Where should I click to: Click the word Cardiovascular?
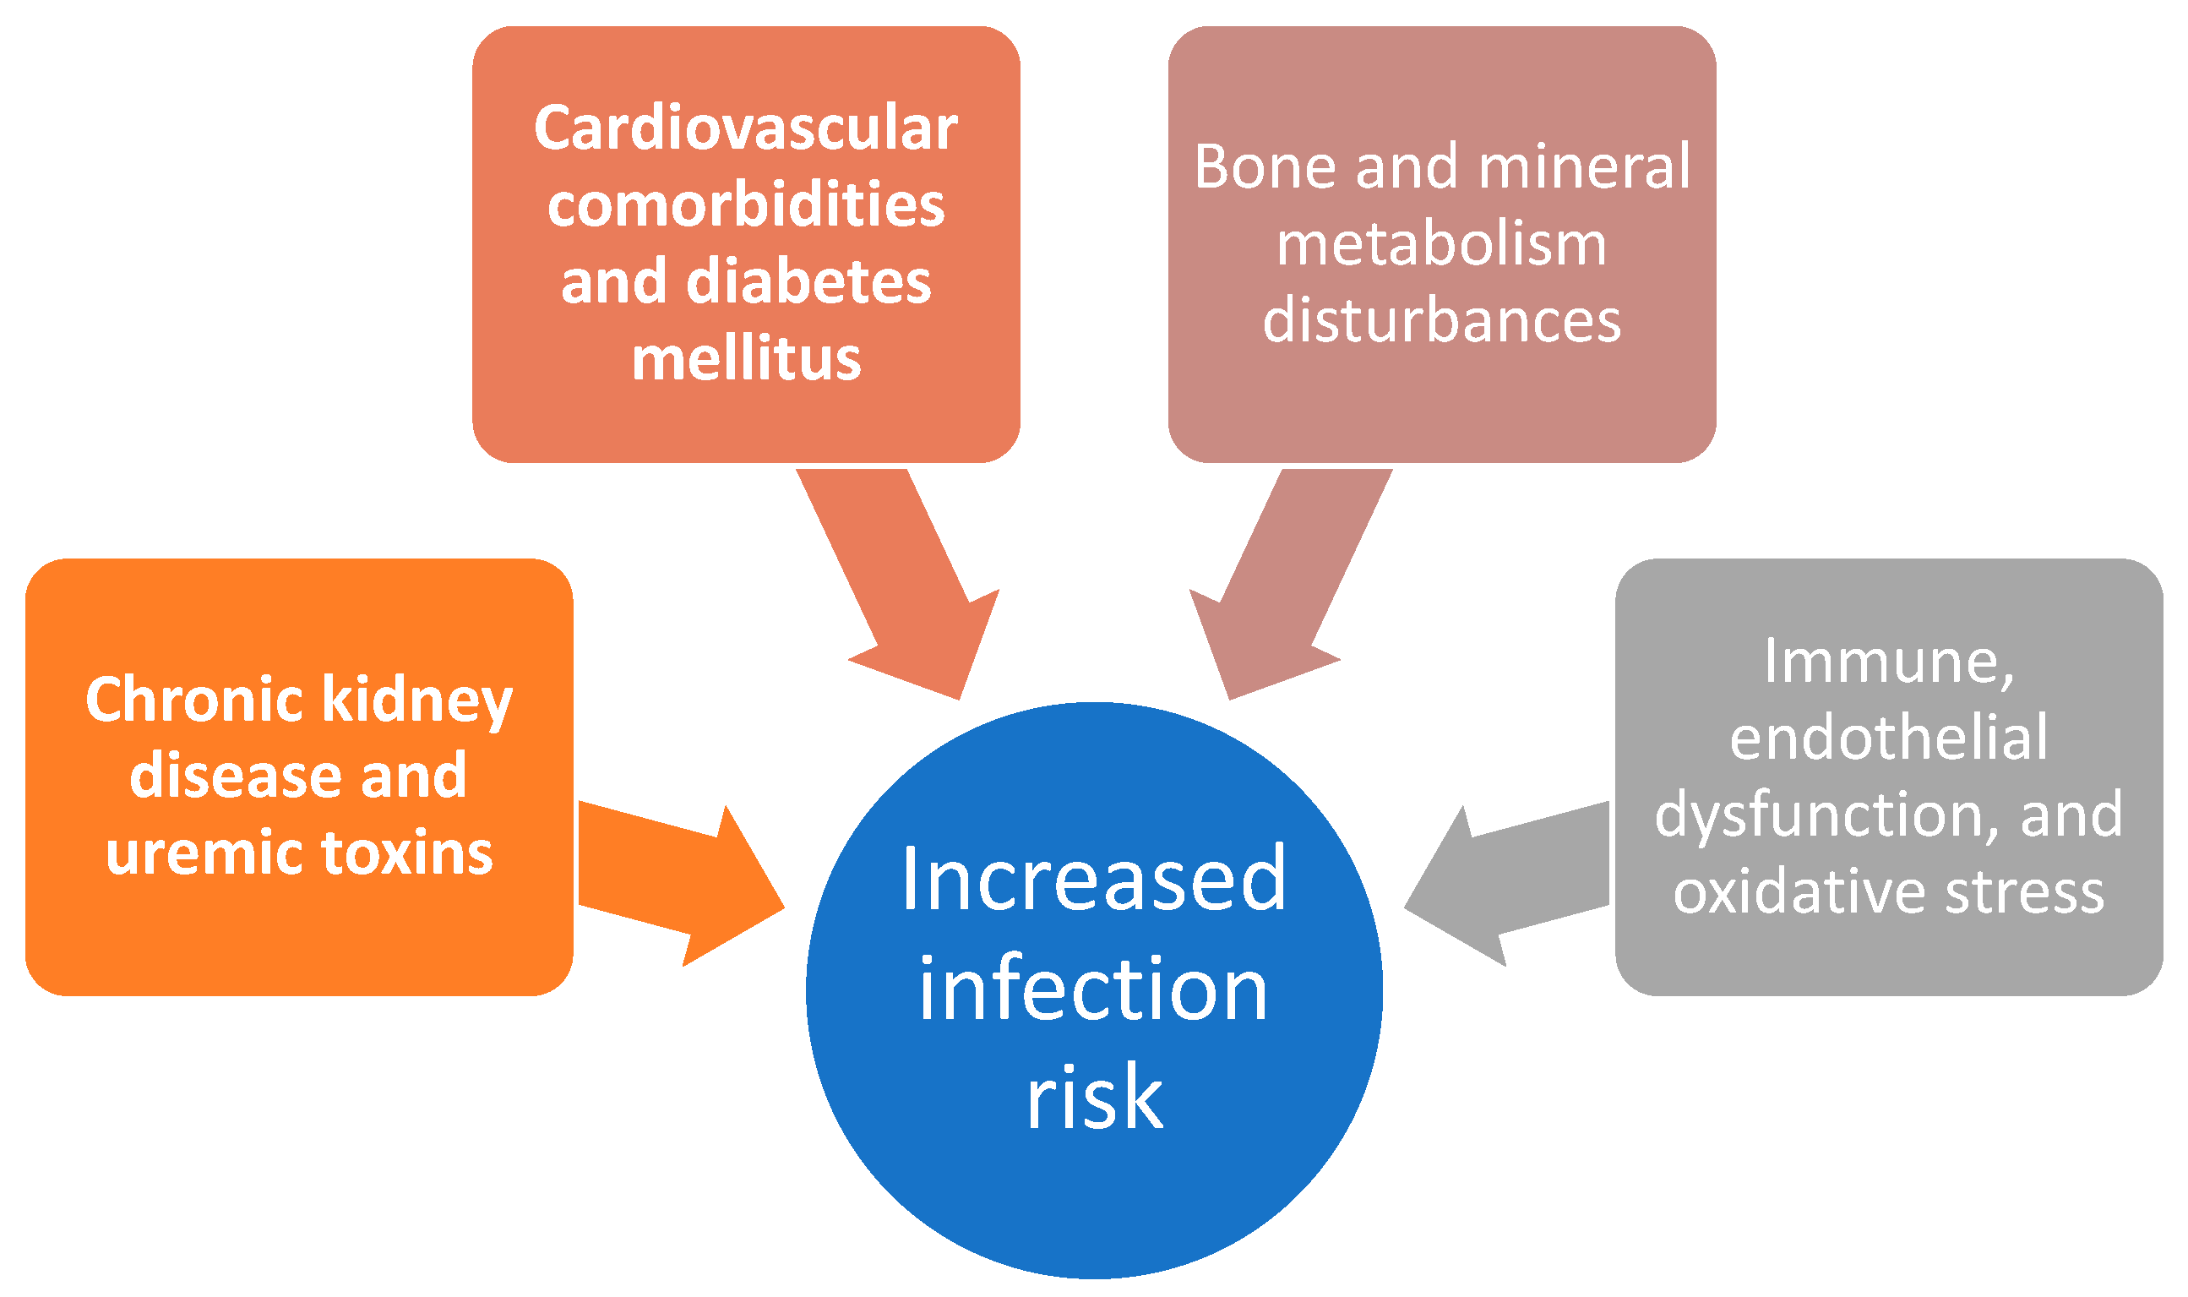745,128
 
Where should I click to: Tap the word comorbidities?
745,205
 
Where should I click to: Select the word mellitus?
745,359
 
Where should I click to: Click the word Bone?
1264,166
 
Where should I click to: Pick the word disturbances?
1441,320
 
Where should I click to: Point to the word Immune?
1888,662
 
